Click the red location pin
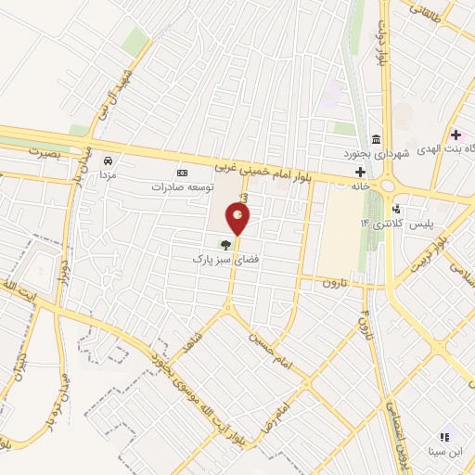238,219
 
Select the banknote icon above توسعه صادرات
182,173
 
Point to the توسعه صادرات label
182,186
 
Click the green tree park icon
223,245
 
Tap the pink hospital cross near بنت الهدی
456,135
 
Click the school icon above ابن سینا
443,436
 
